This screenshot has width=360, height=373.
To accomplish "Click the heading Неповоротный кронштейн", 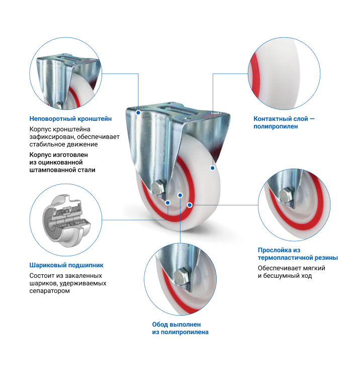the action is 70,118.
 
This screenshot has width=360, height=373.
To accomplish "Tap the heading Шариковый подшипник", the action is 66,265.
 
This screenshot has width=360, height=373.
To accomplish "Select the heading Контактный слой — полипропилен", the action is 284,122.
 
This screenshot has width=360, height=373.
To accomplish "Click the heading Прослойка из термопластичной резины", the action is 298,254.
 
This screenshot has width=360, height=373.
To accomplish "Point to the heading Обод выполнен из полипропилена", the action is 180,328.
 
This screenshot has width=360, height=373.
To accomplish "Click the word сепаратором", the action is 49,291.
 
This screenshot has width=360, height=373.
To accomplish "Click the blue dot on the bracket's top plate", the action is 138,113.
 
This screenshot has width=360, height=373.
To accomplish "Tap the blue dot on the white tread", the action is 213,168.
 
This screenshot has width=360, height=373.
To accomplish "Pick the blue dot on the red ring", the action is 190,205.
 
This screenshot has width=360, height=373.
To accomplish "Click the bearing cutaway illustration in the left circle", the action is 66,221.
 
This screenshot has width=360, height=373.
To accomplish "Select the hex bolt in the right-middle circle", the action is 287,195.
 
